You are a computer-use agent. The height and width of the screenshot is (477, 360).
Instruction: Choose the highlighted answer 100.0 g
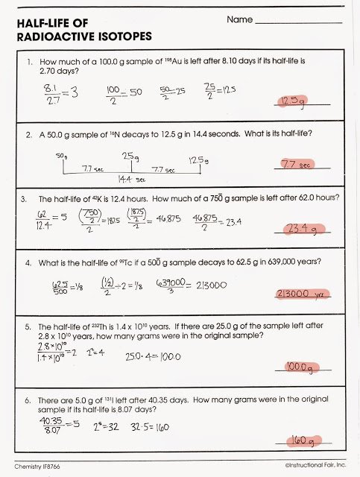[299, 367]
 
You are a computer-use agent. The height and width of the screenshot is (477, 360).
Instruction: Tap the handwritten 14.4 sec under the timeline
[131, 180]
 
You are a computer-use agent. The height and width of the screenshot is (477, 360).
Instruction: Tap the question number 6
[27, 401]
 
